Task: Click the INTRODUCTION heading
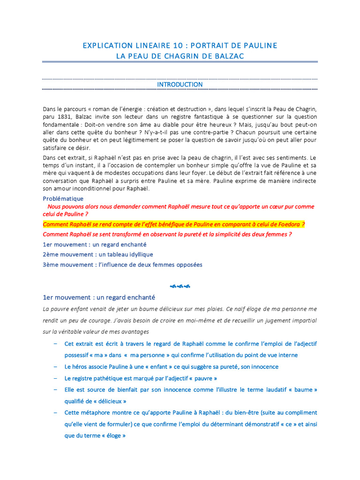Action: tap(180, 84)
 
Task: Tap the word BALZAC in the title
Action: tap(229, 56)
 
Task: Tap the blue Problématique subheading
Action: tap(63, 199)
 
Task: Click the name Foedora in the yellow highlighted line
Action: tap(285, 225)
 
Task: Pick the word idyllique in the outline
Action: tap(139, 255)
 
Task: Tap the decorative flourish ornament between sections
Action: tap(180, 286)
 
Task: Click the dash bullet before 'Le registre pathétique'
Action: tap(55, 378)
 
